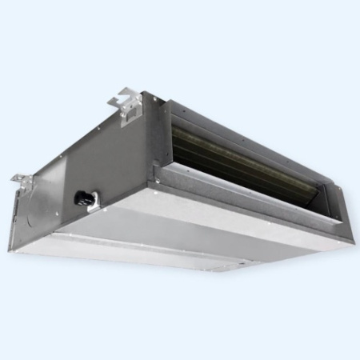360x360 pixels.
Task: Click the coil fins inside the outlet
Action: coord(232,152)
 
